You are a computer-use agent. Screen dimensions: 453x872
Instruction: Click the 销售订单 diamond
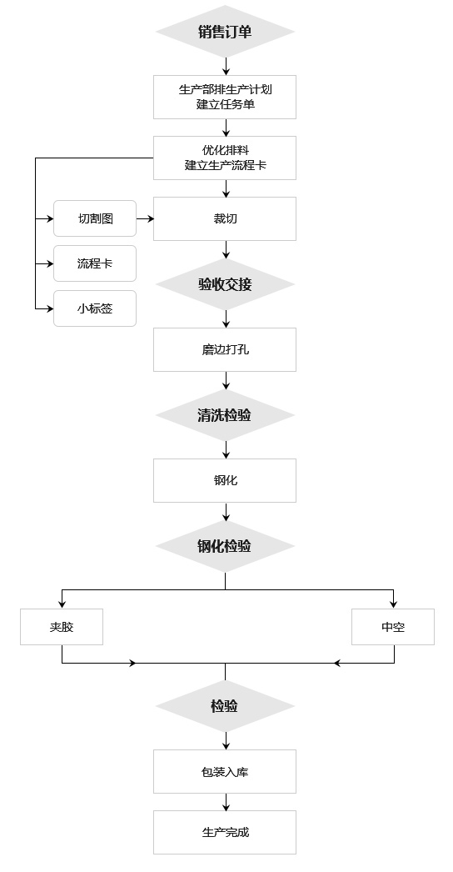[225, 32]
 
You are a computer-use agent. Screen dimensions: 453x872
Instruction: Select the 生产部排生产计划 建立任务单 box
[225, 97]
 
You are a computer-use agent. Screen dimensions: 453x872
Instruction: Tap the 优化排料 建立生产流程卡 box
[225, 158]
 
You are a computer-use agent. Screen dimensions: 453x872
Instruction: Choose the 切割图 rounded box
[95, 218]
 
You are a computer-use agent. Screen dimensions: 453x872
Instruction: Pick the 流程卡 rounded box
[95, 263]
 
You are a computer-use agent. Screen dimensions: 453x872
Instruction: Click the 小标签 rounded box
[95, 308]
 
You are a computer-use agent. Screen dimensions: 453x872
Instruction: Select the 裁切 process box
[225, 218]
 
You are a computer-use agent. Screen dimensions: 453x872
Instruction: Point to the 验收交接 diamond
[225, 284]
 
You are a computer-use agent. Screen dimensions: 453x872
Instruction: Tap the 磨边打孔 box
[225, 350]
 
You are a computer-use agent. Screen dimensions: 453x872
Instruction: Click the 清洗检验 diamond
[225, 415]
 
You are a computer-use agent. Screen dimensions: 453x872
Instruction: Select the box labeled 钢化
[225, 480]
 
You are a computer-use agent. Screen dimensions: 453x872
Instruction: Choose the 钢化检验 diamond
[225, 546]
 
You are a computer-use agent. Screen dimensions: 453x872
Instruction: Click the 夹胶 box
[62, 627]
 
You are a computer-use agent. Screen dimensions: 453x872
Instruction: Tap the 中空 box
[393, 627]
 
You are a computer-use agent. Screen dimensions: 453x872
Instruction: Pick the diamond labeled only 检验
[225, 706]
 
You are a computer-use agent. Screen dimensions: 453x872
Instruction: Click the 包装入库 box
[225, 771]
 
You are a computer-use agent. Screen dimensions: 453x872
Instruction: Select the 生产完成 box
[225, 833]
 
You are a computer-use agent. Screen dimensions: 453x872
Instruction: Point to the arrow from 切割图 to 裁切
[145, 219]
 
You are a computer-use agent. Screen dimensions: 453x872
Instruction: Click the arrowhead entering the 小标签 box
[50, 308]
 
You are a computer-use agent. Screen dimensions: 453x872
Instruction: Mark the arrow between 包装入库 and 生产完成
[226, 802]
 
